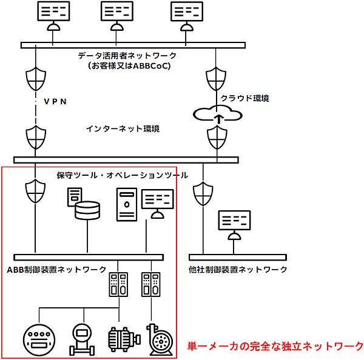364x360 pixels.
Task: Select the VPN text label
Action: click(55, 102)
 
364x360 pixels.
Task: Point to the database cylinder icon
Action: click(87, 211)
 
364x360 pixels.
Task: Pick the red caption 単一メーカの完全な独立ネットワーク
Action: click(275, 346)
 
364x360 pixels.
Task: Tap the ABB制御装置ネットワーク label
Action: click(56, 269)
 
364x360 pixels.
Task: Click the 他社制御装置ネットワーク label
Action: click(238, 269)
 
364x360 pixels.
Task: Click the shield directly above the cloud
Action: click(217, 79)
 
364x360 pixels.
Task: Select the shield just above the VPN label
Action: click(36, 79)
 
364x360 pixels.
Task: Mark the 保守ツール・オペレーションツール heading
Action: click(122, 175)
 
